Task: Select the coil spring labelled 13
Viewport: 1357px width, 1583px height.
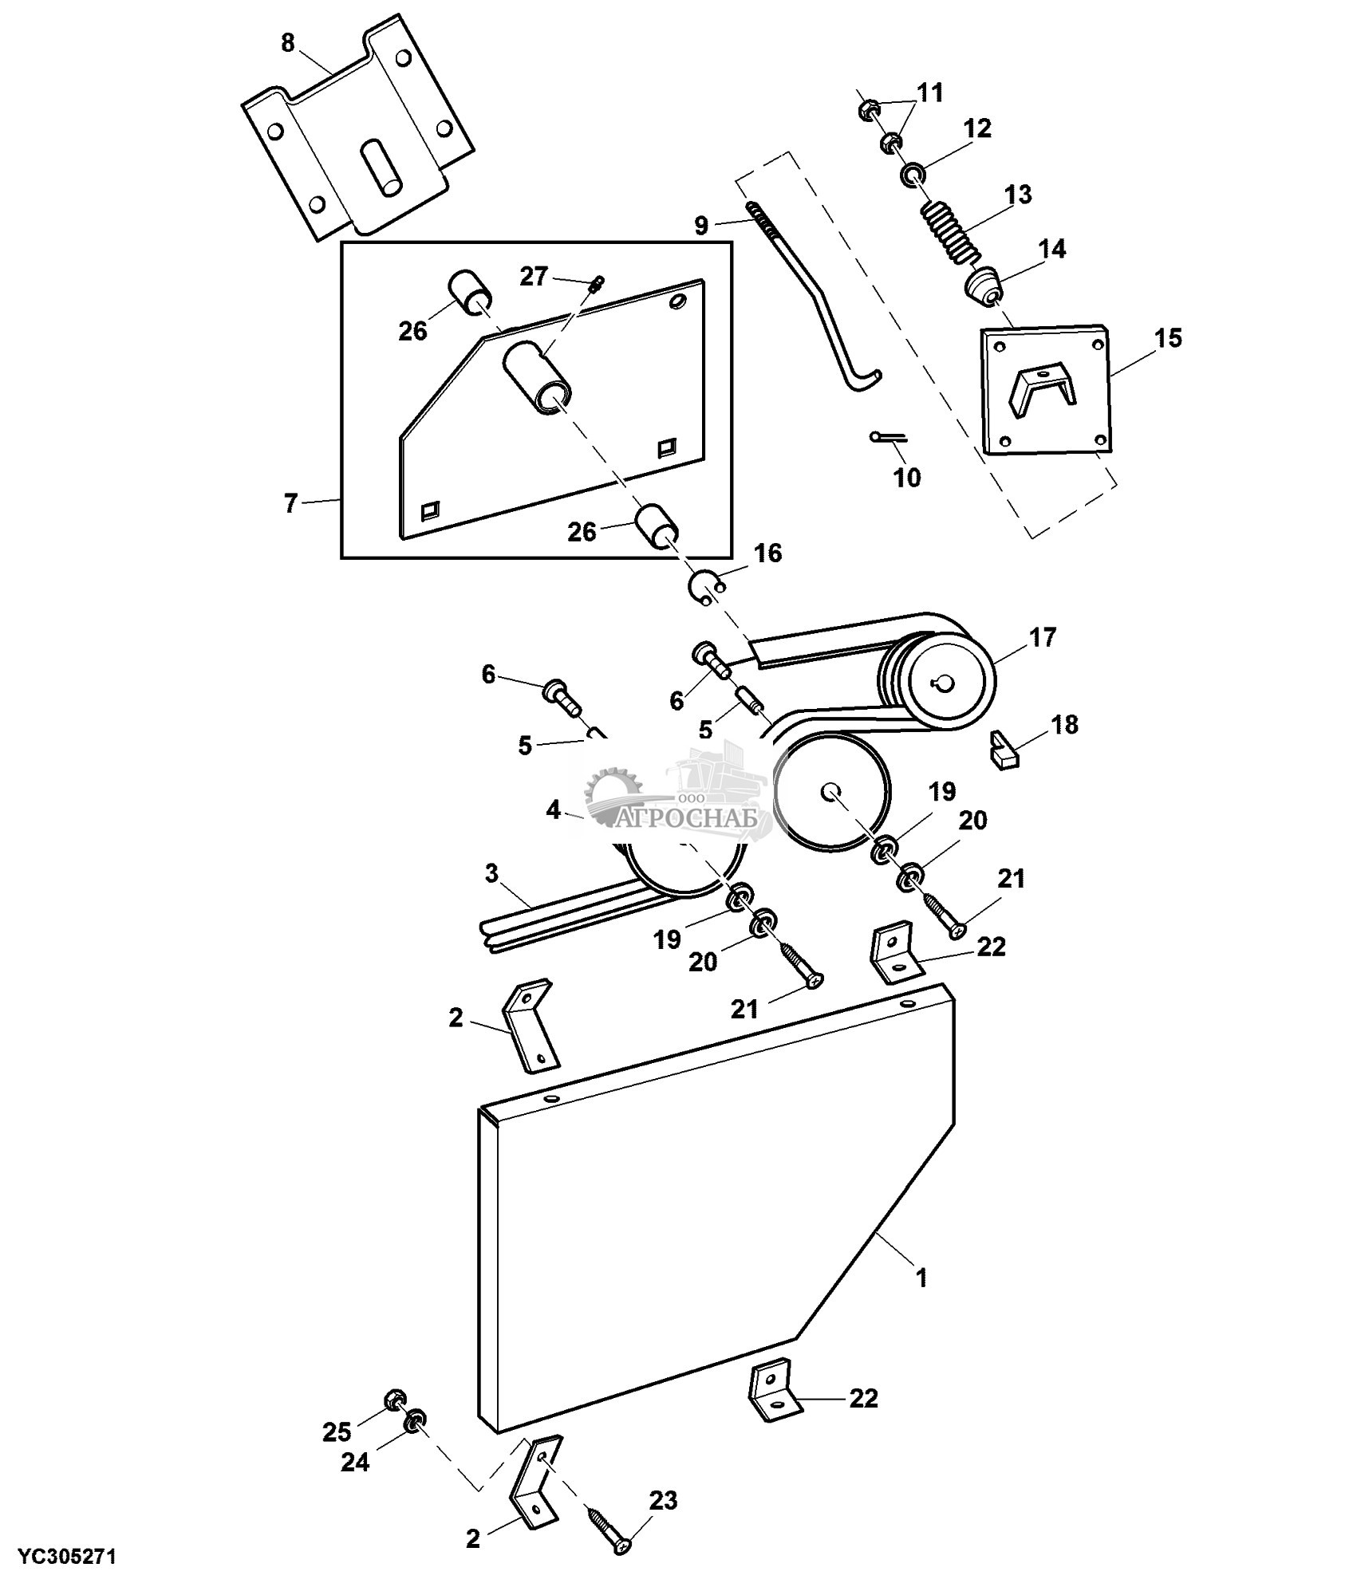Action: [x=950, y=232]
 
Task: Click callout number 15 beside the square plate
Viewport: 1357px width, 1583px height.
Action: [x=1168, y=338]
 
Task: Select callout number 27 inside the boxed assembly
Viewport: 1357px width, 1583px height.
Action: [x=534, y=277]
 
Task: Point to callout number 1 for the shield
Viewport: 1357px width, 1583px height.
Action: [x=921, y=1278]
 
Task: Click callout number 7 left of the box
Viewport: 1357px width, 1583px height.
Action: [x=290, y=503]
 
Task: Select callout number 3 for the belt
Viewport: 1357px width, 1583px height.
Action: [x=491, y=873]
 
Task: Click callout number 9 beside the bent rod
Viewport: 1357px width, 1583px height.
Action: [x=701, y=225]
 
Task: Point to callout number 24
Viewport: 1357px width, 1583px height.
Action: [x=355, y=1463]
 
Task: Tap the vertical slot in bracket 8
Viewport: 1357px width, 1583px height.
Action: [x=381, y=166]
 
